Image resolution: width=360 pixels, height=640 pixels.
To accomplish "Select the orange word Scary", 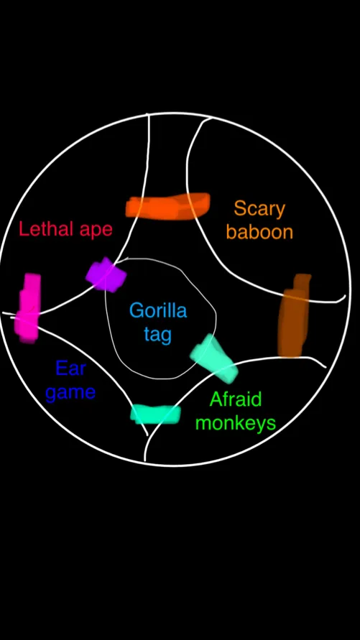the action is pyautogui.click(x=259, y=210).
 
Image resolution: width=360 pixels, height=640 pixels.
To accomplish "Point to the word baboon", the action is pyautogui.click(x=259, y=231).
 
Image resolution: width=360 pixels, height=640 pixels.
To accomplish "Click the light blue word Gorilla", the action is pyautogui.click(x=158, y=310).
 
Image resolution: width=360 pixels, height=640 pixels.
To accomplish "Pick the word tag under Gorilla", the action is pyautogui.click(x=158, y=335).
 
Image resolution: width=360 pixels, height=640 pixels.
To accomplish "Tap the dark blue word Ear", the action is pyautogui.click(x=70, y=368).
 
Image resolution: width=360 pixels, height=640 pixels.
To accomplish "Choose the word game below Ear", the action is pyautogui.click(x=70, y=393).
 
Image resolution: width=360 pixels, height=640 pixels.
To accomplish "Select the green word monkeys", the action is pyautogui.click(x=236, y=423).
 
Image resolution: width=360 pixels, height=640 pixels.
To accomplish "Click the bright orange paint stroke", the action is pyautogui.click(x=167, y=206).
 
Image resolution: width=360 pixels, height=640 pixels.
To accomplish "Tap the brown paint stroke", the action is pyautogui.click(x=294, y=315).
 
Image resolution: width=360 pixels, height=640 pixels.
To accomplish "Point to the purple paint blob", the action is pyautogui.click(x=106, y=274).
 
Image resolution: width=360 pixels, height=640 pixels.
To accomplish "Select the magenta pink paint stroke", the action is pyautogui.click(x=28, y=307).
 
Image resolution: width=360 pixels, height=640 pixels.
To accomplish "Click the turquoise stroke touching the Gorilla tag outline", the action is pyautogui.click(x=214, y=358).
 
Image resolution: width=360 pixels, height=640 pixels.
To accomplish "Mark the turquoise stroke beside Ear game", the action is pyautogui.click(x=155, y=414).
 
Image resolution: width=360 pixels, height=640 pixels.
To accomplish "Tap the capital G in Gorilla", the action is pyautogui.click(x=137, y=310).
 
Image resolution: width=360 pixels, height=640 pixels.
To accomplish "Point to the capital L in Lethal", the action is pyautogui.click(x=23, y=229).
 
